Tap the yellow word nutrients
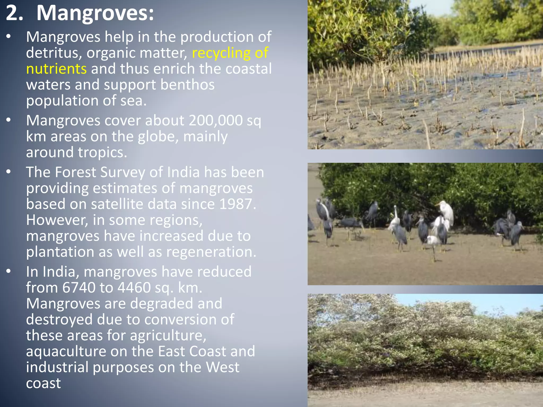[56, 69]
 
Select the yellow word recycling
[221, 53]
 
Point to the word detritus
[54, 53]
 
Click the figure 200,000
[216, 121]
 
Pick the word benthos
[187, 85]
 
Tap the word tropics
[102, 152]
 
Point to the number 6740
[78, 287]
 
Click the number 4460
[134, 287]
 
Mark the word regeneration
[211, 252]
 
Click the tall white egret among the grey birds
[445, 212]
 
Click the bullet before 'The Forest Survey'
[9, 172]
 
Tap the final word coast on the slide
[43, 383]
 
